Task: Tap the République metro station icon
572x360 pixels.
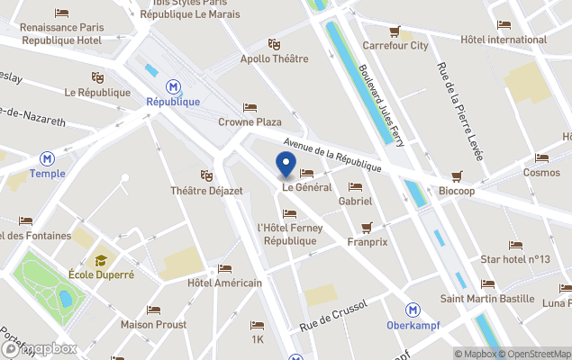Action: coord(172,86)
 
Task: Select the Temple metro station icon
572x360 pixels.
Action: coord(41,157)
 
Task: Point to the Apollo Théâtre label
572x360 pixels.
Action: coord(274,59)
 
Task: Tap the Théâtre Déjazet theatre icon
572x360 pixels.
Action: coord(206,175)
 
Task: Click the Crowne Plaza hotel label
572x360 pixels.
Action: coord(250,122)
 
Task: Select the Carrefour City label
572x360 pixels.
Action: coord(395,45)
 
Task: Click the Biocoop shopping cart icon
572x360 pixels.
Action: coord(457,176)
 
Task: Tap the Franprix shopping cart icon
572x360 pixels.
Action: coord(366,227)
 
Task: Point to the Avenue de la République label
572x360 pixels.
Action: coord(333,155)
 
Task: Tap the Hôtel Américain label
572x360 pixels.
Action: coord(224,283)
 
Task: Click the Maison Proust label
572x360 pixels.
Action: coord(153,325)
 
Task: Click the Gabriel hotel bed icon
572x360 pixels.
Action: coord(355,187)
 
